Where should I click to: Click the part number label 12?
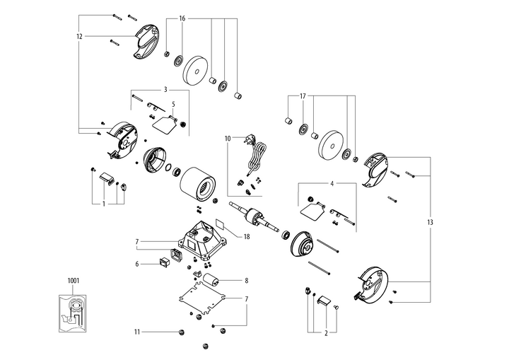(x=79, y=35)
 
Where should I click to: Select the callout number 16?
(x=182, y=18)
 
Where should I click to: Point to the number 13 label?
(x=430, y=223)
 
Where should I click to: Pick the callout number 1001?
(x=74, y=280)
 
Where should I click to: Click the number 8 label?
(x=246, y=281)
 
